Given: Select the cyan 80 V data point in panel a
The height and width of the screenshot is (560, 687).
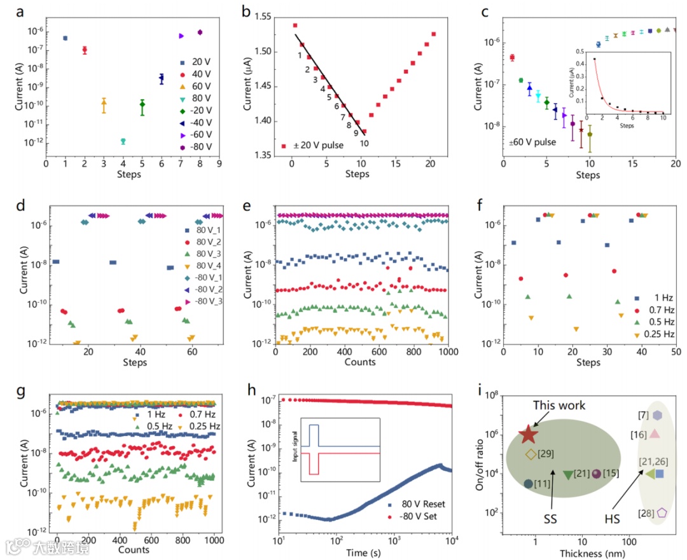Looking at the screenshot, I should (x=123, y=141).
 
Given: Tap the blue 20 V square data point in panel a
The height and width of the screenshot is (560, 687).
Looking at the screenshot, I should (x=65, y=38).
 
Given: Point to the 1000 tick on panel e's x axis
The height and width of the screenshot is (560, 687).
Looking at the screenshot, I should (x=448, y=352).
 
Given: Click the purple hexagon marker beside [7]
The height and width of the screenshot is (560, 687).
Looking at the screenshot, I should (x=657, y=415).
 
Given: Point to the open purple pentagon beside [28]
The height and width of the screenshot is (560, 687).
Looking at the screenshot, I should (x=662, y=512).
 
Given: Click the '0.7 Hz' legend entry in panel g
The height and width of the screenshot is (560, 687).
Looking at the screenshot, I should (x=202, y=416).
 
